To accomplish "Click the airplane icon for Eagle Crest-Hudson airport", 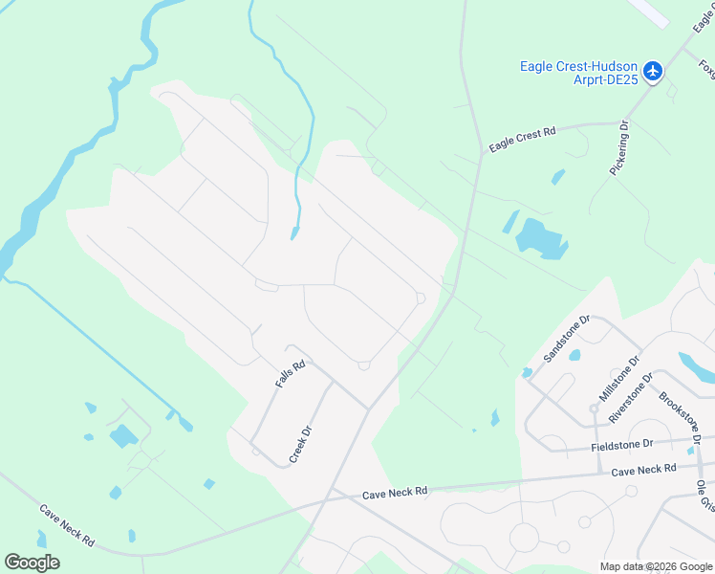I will [653, 71].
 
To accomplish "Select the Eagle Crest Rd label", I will [522, 140].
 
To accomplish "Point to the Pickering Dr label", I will [619, 147].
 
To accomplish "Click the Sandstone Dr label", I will [567, 339].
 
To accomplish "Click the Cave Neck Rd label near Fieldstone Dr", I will [643, 469].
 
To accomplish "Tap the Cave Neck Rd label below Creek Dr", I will [394, 492].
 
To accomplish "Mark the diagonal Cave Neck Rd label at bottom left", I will [66, 525].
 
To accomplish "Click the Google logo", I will [32, 562].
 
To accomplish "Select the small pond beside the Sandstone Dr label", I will [574, 355].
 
